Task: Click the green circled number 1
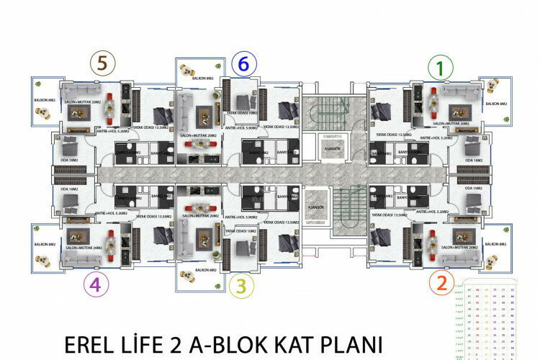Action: pos(437,68)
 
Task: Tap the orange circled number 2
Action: pos(442,282)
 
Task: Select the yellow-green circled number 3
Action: pos(241,286)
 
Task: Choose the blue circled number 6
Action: pos(243,65)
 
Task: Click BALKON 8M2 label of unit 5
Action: pos(45,101)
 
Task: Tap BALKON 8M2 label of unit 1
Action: pos(497,104)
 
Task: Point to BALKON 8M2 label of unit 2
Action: pos(497,245)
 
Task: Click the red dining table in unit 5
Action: pos(109,106)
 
